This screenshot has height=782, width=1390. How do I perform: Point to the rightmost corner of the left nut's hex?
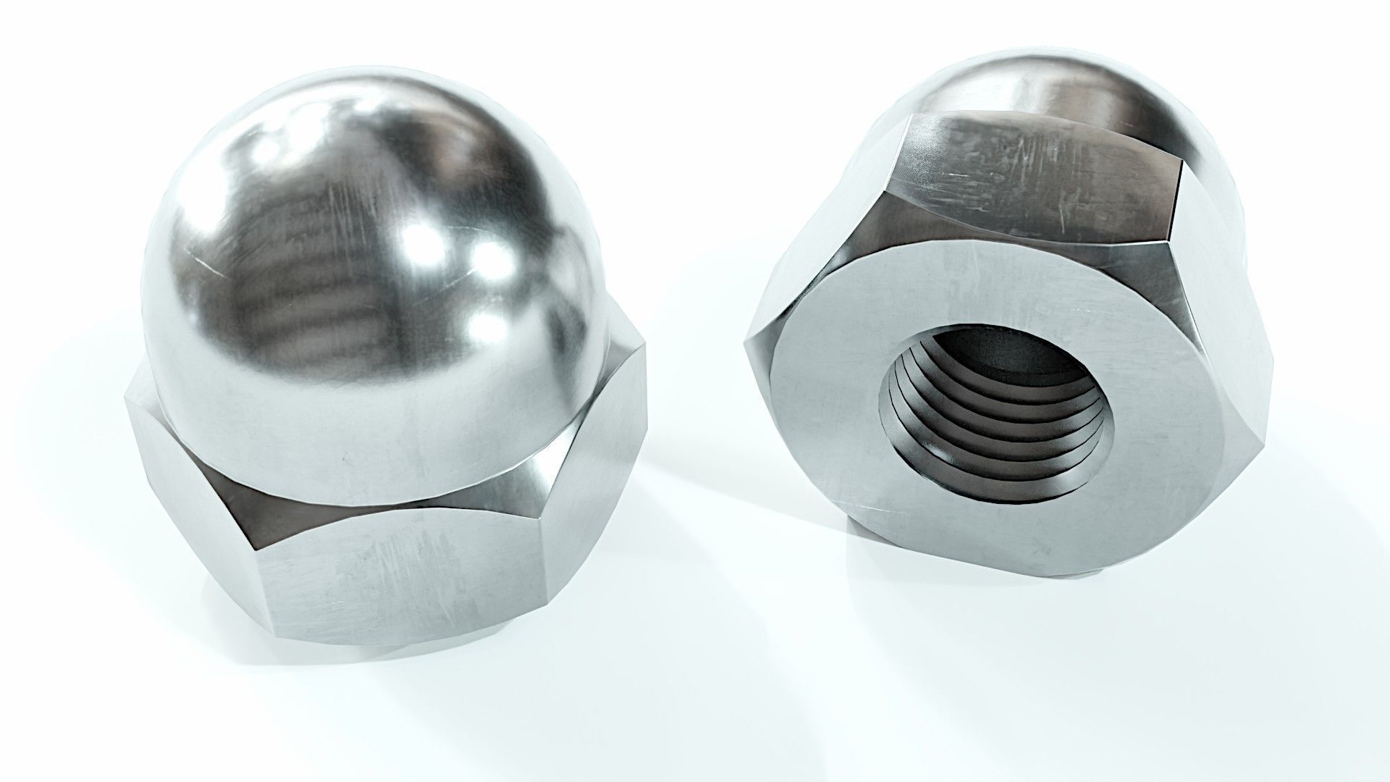[x=644, y=420]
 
